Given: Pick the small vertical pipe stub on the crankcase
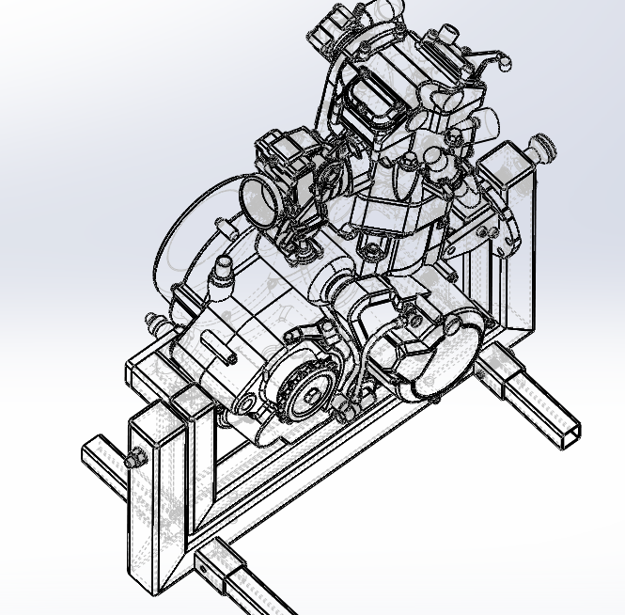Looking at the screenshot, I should pyautogui.click(x=224, y=268).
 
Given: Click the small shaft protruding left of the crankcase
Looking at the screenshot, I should pyautogui.click(x=157, y=324).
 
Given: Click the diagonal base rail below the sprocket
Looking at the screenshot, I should pyautogui.click(x=310, y=470).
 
